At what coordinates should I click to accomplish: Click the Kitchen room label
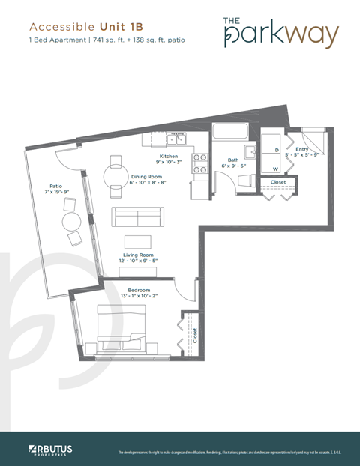(167, 156)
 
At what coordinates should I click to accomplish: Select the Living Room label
(138, 255)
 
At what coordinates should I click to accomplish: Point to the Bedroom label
(139, 290)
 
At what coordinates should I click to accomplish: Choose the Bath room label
(233, 160)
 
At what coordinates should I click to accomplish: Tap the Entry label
(303, 149)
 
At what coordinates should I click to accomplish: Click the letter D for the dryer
(277, 150)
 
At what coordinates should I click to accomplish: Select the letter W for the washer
(276, 169)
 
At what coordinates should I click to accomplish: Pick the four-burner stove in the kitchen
(200, 163)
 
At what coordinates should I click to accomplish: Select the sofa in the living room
(138, 217)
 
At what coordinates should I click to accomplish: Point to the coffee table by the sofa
(138, 240)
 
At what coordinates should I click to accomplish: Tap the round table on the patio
(72, 221)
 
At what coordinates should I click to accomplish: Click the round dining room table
(115, 178)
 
